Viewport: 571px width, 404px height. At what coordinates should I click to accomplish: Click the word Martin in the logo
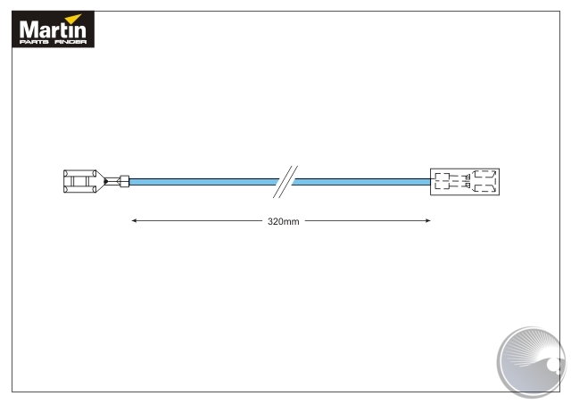pos(53,29)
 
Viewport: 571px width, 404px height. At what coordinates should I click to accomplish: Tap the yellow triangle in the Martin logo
pos(75,18)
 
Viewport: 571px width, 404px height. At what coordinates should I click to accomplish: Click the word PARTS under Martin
pos(34,42)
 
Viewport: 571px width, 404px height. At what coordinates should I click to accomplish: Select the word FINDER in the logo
pos(70,42)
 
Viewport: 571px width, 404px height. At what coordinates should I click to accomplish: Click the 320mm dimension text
pos(284,221)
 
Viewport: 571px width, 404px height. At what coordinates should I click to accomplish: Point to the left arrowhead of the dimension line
pos(134,220)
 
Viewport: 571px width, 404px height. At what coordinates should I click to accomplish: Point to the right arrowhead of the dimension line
pos(428,220)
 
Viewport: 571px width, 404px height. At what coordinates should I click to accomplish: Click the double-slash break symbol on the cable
pos(285,182)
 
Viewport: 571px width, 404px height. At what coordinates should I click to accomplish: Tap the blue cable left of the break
pos(204,182)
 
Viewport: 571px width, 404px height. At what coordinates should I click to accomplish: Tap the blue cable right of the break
pos(361,182)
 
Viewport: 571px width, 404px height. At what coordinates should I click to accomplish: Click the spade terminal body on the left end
pos(79,181)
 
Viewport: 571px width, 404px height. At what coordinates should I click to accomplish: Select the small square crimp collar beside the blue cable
pos(125,181)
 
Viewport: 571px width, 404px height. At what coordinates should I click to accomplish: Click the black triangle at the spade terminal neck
pos(105,181)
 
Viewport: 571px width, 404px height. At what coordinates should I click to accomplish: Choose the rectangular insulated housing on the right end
pos(465,182)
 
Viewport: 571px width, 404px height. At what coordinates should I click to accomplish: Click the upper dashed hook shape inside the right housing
pos(484,174)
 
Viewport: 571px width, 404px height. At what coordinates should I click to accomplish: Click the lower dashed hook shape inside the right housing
pos(484,188)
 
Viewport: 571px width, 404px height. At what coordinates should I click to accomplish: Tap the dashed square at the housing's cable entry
pos(443,181)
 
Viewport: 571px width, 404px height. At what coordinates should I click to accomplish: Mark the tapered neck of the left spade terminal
pos(101,181)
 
